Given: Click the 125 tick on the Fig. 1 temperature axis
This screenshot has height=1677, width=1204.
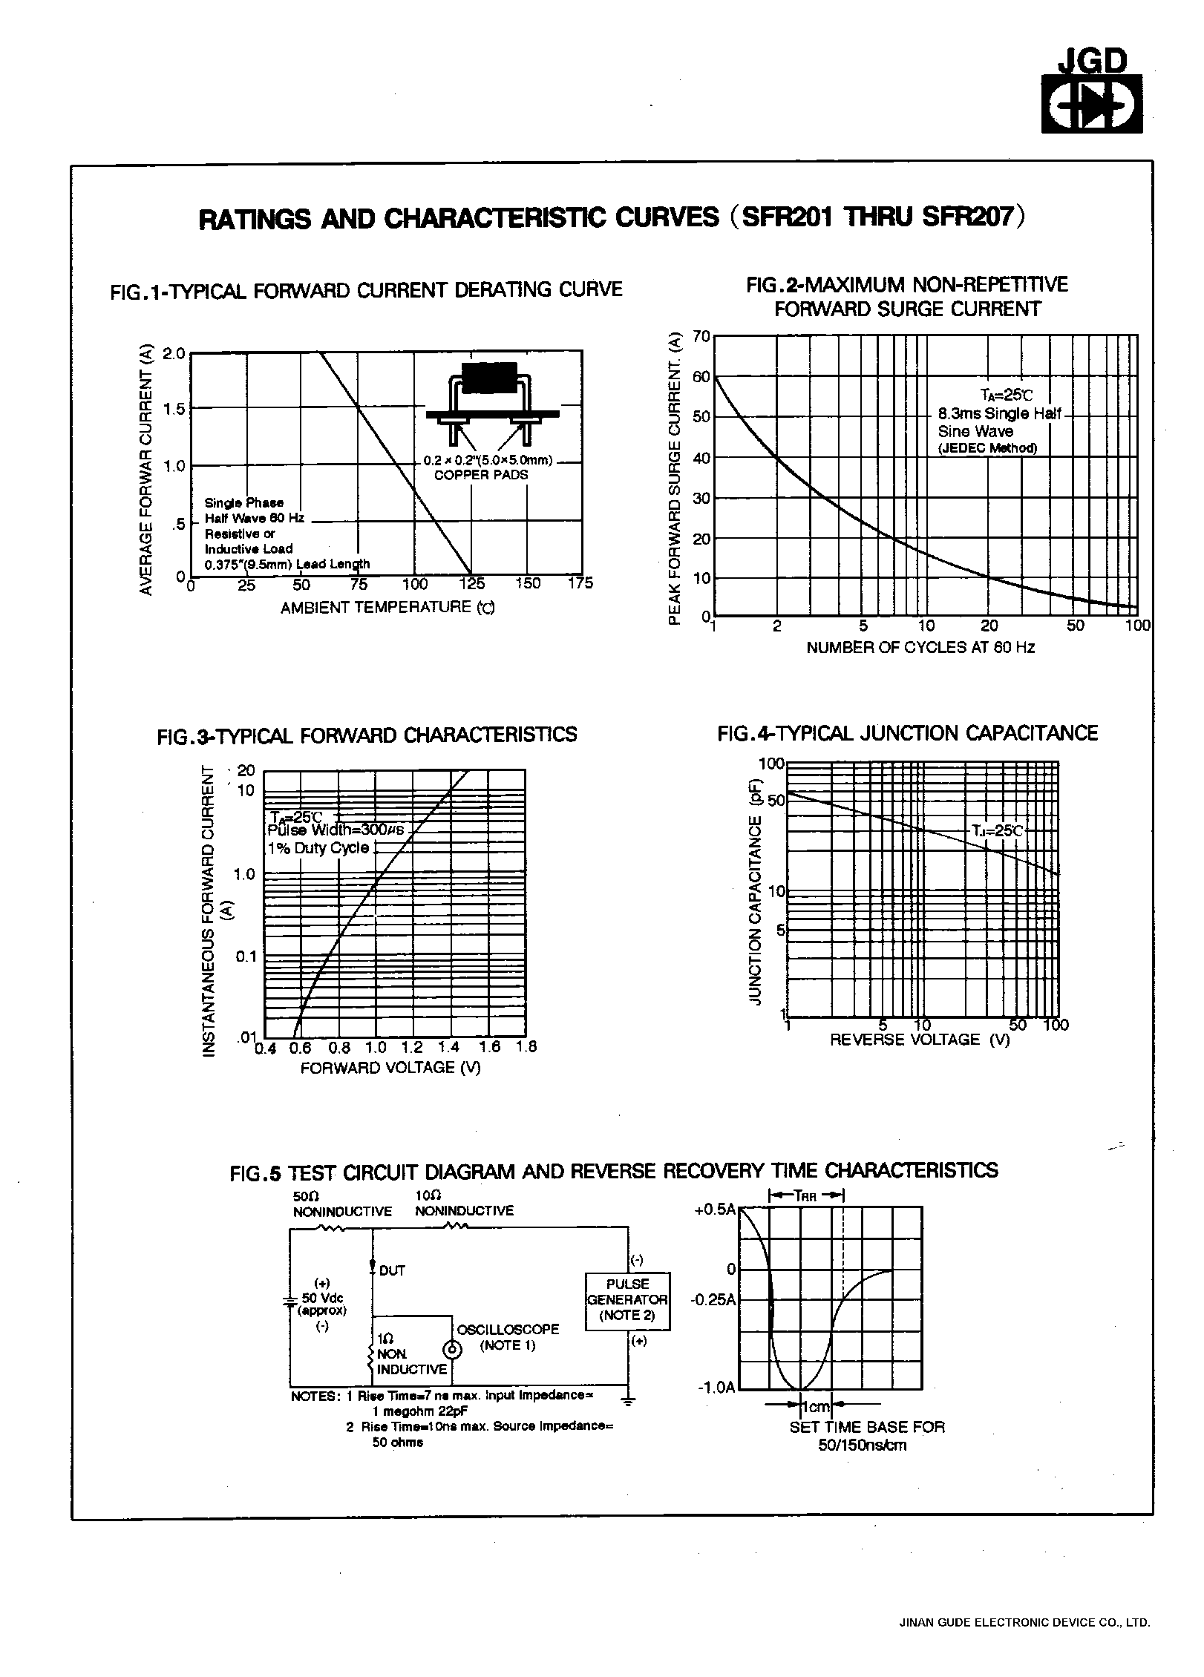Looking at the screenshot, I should click(472, 584).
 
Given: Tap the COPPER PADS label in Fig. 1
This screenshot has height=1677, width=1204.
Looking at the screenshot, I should click(481, 475).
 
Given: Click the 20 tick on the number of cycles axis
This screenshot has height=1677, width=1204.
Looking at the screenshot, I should click(989, 626).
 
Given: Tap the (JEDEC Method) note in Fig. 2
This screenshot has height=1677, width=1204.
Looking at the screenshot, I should click(987, 448).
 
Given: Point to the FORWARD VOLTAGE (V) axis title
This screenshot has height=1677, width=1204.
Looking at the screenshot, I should click(390, 1067).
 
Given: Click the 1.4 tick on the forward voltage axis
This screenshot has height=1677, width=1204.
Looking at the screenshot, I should click(449, 1047).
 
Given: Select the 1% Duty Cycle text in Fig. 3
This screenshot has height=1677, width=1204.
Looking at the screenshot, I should click(318, 848).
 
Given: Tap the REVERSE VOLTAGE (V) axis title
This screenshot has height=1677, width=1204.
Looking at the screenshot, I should click(920, 1039).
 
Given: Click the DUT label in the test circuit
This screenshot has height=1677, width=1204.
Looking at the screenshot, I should click(391, 1270).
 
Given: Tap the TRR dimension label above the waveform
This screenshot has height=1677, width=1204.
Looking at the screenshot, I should click(807, 1195).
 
